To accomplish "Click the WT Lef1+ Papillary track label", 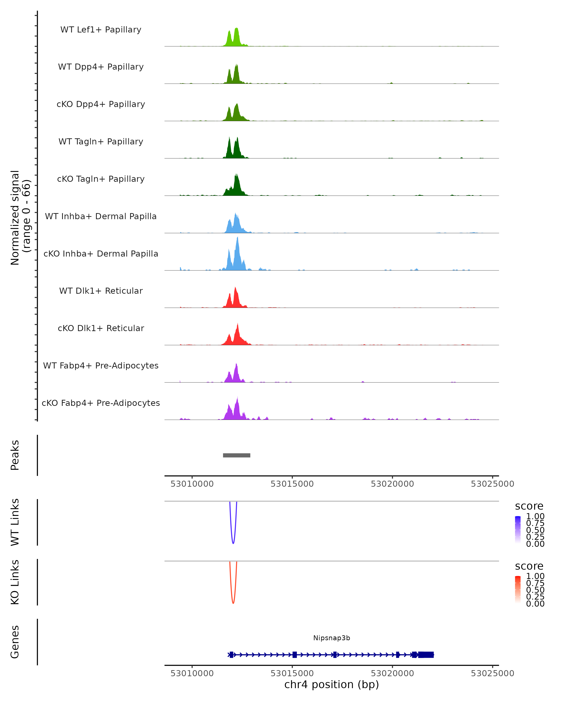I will tap(101, 30).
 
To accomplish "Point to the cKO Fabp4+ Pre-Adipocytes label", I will tap(101, 403).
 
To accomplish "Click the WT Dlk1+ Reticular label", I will tap(101, 291).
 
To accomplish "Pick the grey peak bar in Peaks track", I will tap(236, 455).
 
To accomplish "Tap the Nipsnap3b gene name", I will tap(331, 638).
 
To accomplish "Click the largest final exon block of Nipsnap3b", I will tap(426, 655).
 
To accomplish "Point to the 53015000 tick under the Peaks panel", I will tap(292, 484).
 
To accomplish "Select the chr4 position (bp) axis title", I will tap(331, 685).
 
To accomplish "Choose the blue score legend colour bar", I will tap(518, 529).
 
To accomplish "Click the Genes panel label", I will tap(15, 642).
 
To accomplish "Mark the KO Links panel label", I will tap(15, 582).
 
